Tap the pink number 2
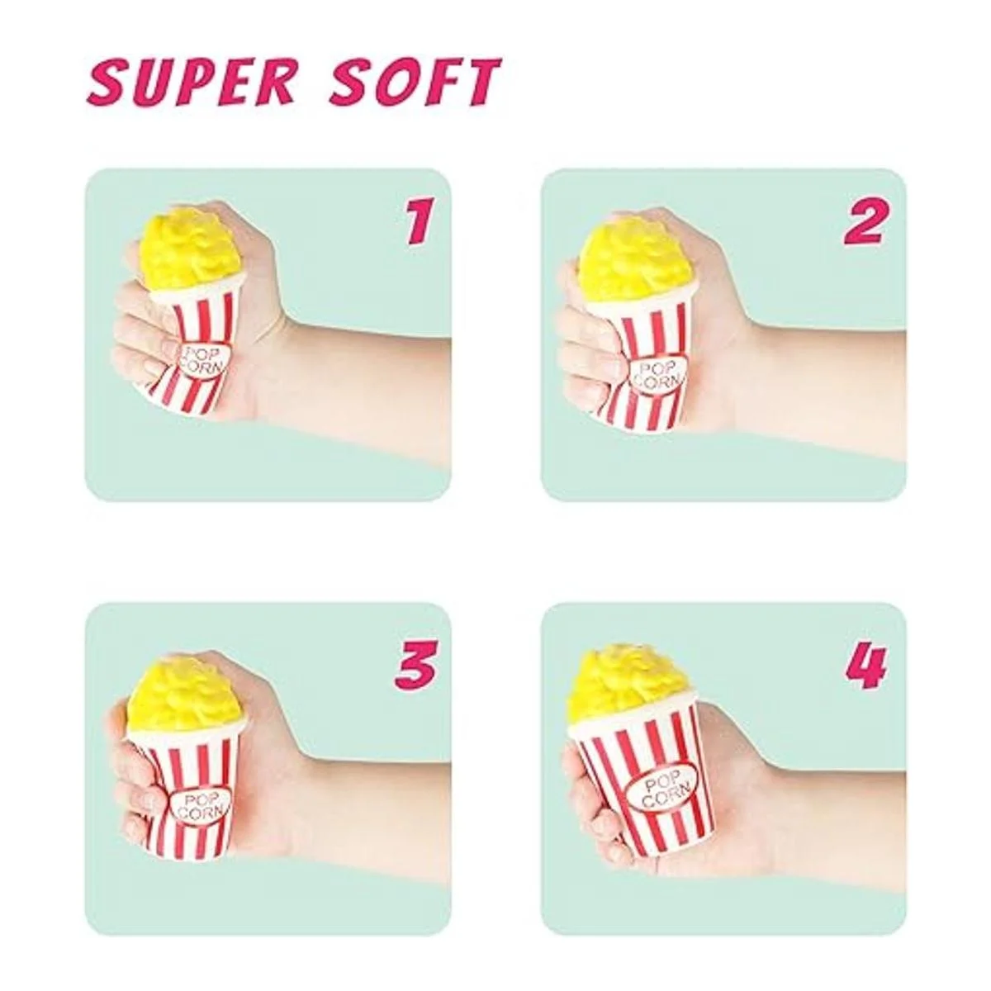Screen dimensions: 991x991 click(865, 221)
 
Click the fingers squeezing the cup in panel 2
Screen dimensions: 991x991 click(591, 360)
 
